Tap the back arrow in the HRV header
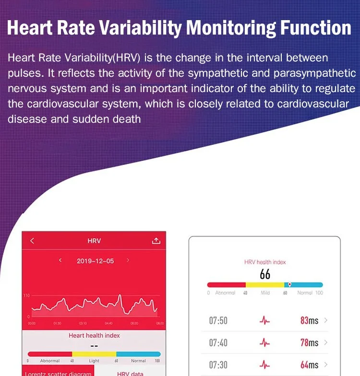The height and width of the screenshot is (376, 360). point(32,241)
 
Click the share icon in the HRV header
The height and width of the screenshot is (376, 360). point(156,241)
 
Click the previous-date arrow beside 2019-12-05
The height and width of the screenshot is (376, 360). point(60,260)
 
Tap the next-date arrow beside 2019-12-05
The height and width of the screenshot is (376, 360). point(128,260)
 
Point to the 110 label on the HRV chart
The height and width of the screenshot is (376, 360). point(26,296)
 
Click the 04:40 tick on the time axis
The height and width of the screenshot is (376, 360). point(108,324)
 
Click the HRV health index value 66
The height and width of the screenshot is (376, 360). point(265,274)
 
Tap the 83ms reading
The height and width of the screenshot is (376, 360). point(309,320)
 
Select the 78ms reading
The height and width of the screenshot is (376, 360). point(309,342)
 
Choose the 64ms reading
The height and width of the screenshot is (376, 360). point(309,365)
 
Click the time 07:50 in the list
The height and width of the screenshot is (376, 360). point(218,320)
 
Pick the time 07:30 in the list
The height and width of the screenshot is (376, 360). point(218,365)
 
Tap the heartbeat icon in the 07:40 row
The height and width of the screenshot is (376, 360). point(264,342)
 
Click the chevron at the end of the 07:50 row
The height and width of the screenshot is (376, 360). point(326,320)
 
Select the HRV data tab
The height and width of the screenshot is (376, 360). point(130,373)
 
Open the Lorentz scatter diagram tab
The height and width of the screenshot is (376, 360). point(58,373)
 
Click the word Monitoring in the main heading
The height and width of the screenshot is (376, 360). point(230,27)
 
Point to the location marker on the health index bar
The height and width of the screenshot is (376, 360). point(289,284)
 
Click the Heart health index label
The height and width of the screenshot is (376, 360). point(94,335)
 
